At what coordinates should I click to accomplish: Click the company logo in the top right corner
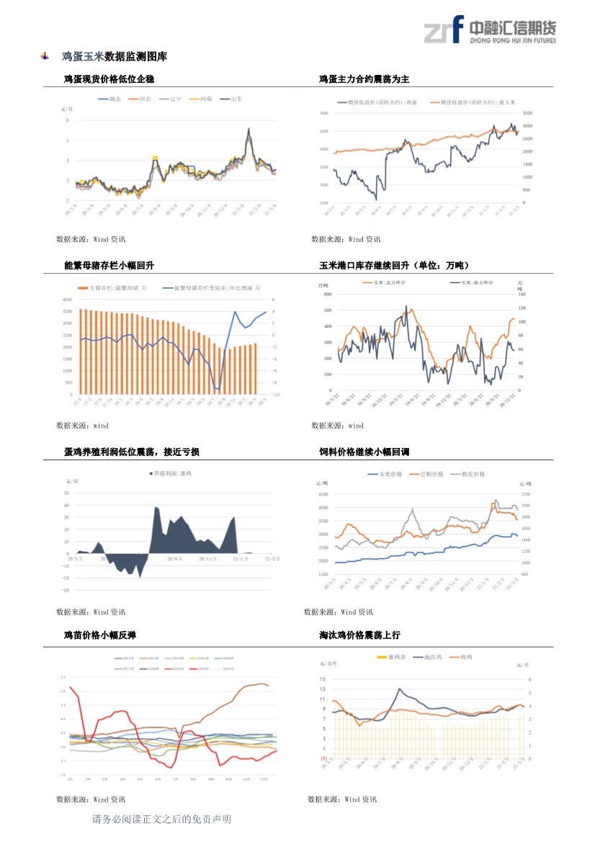point(489,30)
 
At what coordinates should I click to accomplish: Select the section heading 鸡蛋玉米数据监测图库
point(115,56)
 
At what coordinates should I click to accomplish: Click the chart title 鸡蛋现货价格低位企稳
point(109,79)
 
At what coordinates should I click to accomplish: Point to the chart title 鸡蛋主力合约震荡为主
point(364,79)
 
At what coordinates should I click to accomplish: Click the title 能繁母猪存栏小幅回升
point(109,266)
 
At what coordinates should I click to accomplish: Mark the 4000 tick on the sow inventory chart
point(67,300)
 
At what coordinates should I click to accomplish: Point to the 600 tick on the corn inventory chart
point(327,295)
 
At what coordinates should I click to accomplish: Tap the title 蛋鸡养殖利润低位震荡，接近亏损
point(132,452)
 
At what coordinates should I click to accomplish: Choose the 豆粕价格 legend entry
point(426,474)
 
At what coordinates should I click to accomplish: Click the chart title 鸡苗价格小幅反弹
point(100,635)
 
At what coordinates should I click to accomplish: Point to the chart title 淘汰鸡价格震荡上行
point(359,635)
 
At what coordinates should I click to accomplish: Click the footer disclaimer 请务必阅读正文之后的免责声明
point(162,820)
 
